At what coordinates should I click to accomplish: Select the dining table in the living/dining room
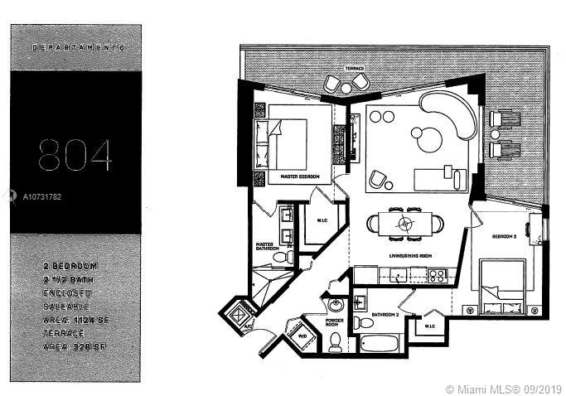click(x=404, y=223)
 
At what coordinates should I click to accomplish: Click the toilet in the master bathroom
click(x=280, y=258)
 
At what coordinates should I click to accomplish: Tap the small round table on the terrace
click(x=346, y=83)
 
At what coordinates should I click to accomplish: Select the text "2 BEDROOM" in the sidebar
click(x=70, y=266)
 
